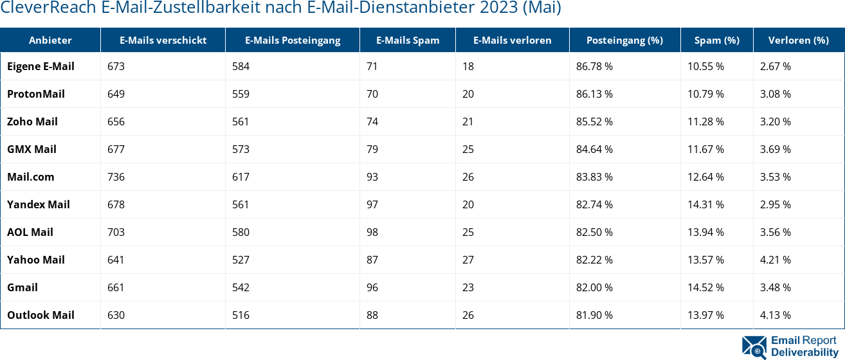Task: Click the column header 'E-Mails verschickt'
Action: click(x=163, y=40)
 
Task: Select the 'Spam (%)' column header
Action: click(x=716, y=40)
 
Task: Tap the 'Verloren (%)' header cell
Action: click(x=798, y=40)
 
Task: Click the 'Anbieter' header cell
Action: click(x=50, y=40)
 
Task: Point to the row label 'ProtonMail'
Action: click(x=36, y=94)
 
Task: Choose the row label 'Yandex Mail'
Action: click(x=39, y=204)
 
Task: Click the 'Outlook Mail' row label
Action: click(x=41, y=315)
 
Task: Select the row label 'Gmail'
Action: click(x=23, y=287)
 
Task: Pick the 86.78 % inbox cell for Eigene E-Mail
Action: click(x=594, y=66)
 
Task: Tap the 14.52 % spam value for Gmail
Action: click(x=705, y=287)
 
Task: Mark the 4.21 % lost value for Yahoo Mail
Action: click(x=775, y=260)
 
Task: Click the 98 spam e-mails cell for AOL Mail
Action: click(x=372, y=232)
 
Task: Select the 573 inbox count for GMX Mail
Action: click(x=241, y=149)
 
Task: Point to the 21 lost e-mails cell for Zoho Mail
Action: click(x=468, y=122)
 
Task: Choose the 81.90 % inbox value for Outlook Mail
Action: click(x=594, y=315)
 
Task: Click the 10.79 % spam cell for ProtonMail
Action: click(x=705, y=94)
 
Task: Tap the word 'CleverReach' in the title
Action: click(x=48, y=8)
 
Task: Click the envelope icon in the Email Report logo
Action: click(x=754, y=346)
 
